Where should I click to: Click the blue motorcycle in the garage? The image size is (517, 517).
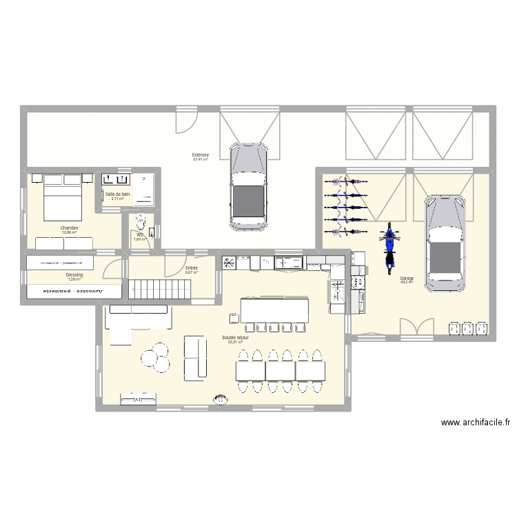(x=390, y=245)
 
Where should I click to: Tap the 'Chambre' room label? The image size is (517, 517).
(x=69, y=227)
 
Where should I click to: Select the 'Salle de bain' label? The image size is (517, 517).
(x=117, y=194)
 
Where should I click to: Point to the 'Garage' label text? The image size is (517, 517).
(x=406, y=278)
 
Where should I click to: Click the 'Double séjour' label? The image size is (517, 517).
(x=235, y=338)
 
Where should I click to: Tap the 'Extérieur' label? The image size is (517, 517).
(x=201, y=156)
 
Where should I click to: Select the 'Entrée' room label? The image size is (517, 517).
(x=191, y=267)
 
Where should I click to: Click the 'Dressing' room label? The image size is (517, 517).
(x=74, y=275)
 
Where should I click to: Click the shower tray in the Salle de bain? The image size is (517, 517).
(x=144, y=188)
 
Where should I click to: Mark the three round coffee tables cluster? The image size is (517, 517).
(x=153, y=356)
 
